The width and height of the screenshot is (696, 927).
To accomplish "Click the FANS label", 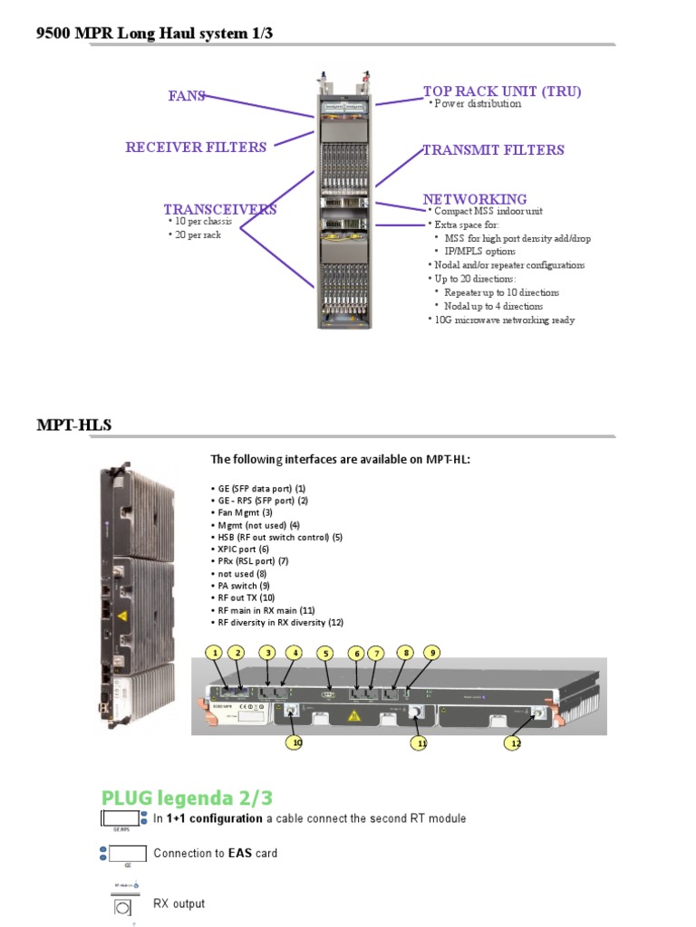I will pos(187,96).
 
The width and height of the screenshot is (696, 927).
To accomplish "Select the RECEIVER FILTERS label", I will pos(196,148).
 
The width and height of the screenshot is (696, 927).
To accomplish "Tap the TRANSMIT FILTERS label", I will pos(494,150).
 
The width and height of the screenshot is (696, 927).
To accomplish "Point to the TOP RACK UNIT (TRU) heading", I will pos(502,91).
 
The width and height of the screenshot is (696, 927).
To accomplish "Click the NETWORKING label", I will pos(475,199).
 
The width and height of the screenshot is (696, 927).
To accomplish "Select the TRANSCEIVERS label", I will pos(220,210).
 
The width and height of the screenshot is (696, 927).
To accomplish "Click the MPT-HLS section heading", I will pos(74,425).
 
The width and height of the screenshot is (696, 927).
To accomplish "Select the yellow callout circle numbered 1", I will pos(214,653).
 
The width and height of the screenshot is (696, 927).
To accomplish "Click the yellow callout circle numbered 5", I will pos(324,653).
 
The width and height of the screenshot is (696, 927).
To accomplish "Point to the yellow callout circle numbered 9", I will pos(432,652).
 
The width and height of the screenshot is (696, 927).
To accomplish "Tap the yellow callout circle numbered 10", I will pos(295,742).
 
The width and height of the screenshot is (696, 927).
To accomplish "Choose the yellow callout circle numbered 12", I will pos(514,743).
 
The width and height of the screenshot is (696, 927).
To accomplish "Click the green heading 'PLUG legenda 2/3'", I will pos(187,798).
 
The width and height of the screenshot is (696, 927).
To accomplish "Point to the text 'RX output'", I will pos(179,903).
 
